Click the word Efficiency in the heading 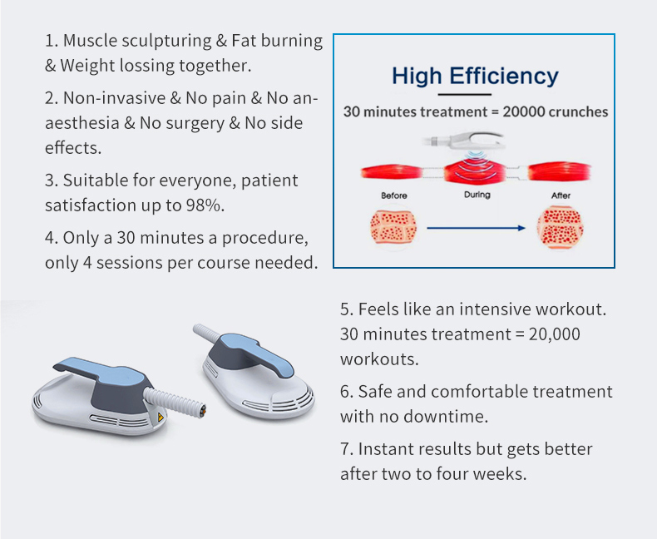(x=504, y=77)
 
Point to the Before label (x=393, y=195)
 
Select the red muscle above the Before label (x=393, y=173)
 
